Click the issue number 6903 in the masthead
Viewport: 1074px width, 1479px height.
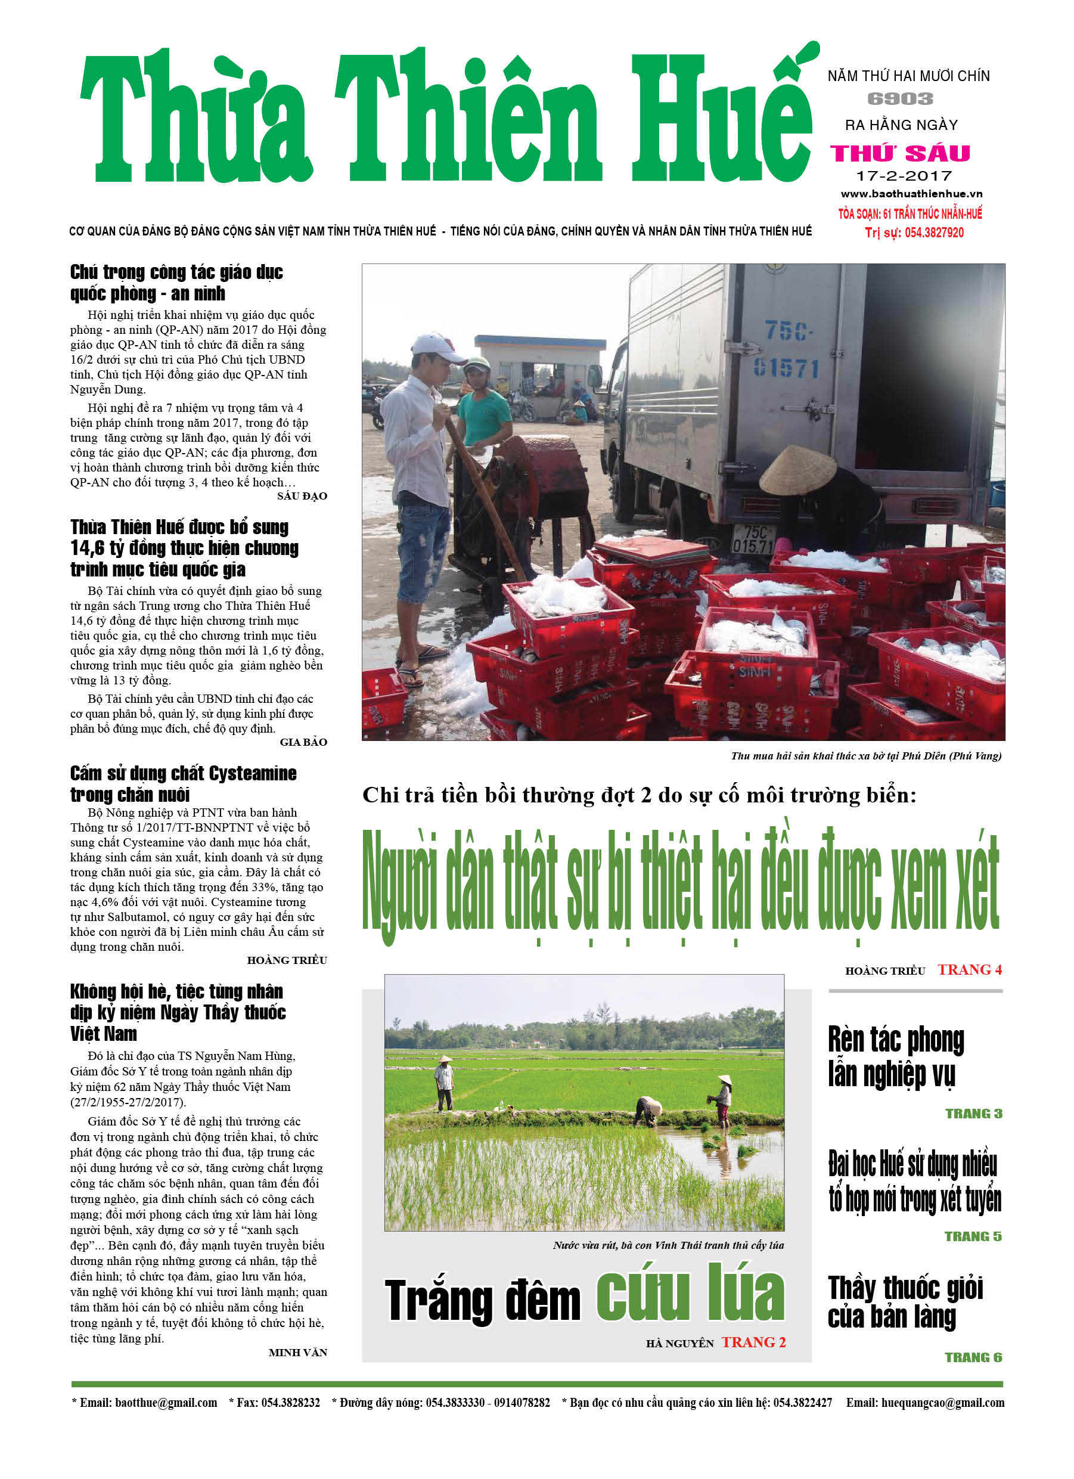(x=900, y=99)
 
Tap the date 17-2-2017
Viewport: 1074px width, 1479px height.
(x=904, y=175)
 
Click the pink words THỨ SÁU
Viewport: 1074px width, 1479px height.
(x=901, y=153)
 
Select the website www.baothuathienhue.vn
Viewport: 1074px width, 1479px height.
(x=911, y=194)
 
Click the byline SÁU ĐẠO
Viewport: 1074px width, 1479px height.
(x=302, y=496)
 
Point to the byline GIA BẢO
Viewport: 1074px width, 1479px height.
(x=303, y=742)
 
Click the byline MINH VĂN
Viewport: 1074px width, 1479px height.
(x=297, y=1353)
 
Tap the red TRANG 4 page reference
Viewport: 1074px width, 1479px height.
(x=970, y=970)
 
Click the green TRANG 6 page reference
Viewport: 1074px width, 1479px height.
(x=973, y=1357)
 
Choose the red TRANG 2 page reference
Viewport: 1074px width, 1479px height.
(x=753, y=1342)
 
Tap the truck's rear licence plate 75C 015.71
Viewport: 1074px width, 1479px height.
(x=754, y=539)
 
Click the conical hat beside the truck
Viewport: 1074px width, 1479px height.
(x=797, y=470)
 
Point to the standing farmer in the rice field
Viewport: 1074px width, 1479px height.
(x=444, y=1083)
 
